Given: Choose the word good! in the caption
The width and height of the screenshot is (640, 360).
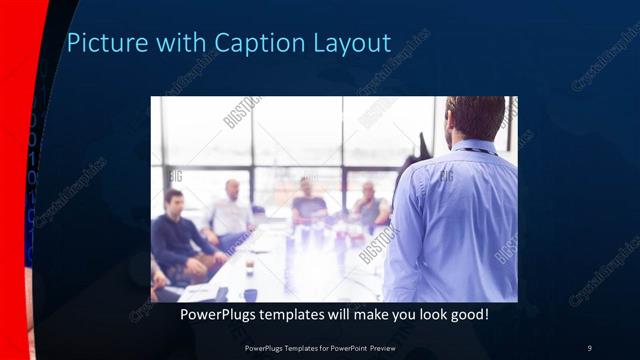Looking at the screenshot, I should click(x=468, y=314).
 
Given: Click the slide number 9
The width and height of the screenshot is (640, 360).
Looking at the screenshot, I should click(x=589, y=347).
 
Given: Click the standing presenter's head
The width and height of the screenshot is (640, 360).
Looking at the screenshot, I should click(x=475, y=118).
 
